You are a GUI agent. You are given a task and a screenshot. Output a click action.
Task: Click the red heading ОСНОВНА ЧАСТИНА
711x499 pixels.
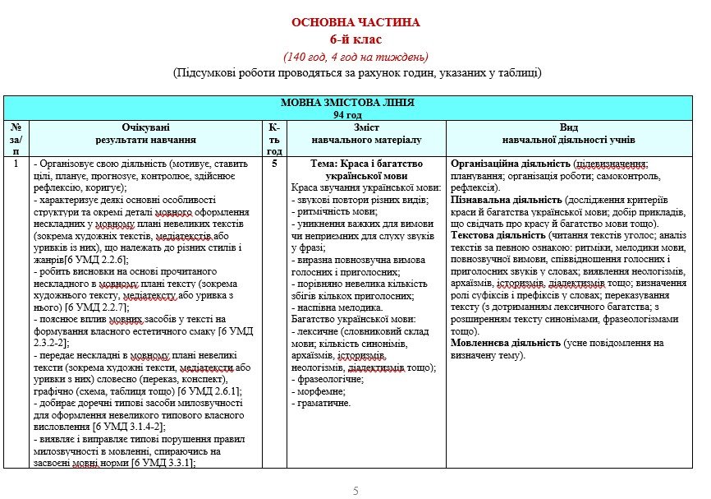[355, 22]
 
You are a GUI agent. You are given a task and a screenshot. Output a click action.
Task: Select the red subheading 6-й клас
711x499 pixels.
[355, 39]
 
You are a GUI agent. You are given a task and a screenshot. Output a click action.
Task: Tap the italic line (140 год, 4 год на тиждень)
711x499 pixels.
[355, 56]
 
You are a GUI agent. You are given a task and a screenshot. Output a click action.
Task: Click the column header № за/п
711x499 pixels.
[16, 139]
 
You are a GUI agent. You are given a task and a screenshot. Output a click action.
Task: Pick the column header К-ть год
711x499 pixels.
[274, 139]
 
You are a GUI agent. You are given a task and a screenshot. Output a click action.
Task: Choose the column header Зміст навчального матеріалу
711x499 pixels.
[366, 134]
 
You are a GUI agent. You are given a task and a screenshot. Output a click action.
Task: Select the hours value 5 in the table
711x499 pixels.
[274, 164]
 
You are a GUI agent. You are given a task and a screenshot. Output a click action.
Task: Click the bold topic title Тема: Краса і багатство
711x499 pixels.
[366, 164]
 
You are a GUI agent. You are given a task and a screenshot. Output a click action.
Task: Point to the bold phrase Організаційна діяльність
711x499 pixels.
[511, 164]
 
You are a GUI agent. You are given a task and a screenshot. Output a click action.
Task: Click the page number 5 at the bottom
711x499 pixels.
[355, 491]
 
